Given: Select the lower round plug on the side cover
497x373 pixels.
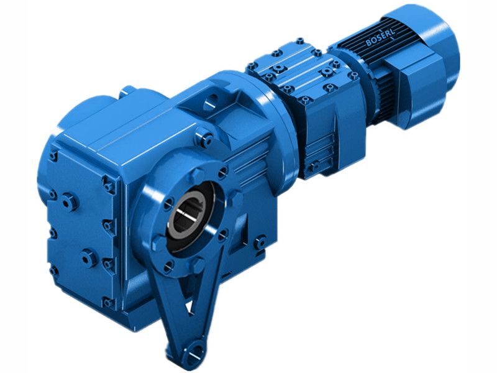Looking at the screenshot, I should [89, 255].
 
